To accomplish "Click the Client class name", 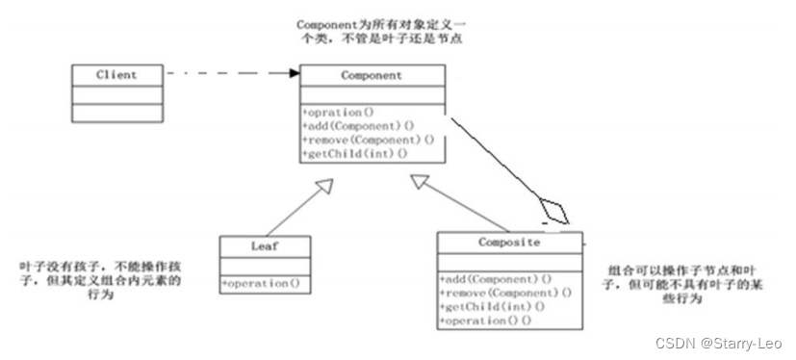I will click(116, 74).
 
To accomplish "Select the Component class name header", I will click(372, 74).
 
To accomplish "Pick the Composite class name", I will click(509, 244).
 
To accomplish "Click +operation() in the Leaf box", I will click(261, 283).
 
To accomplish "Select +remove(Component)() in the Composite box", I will click(505, 292).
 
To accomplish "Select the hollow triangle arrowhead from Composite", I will click(419, 181).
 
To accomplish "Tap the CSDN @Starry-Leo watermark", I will click(718, 343).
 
